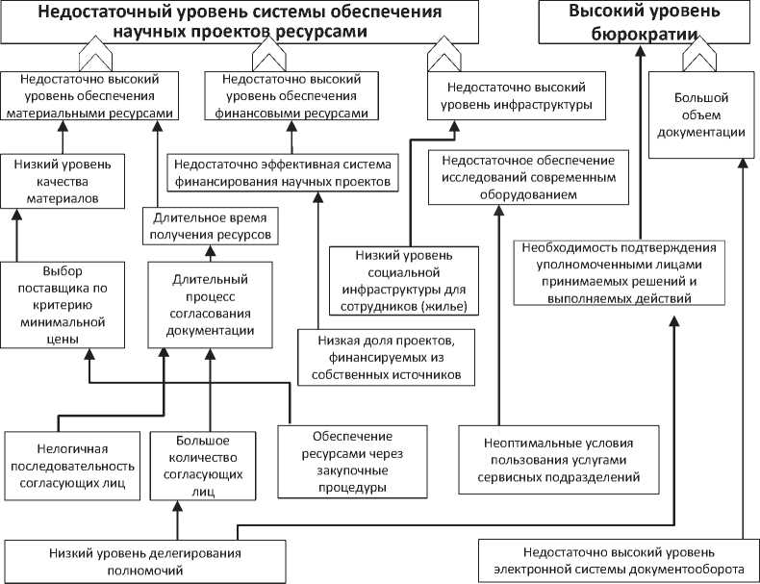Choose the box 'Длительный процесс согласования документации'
point(202,305)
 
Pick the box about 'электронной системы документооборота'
point(619,561)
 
